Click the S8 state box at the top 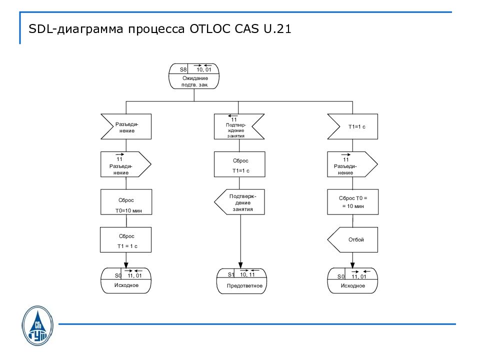pyautogui.click(x=194, y=76)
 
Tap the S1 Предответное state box pyautogui.click(x=241, y=281)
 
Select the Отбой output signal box pyautogui.click(x=353, y=239)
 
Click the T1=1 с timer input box pyautogui.click(x=353, y=126)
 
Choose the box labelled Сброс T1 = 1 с pyautogui.click(x=125, y=240)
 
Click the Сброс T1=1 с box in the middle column pyautogui.click(x=239, y=164)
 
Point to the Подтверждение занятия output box pyautogui.click(x=239, y=202)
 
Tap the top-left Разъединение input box pyautogui.click(x=125, y=126)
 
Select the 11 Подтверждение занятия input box pyautogui.click(x=239, y=126)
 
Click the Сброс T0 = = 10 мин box pyautogui.click(x=353, y=202)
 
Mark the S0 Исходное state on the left pyautogui.click(x=125, y=281)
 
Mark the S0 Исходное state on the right pyautogui.click(x=353, y=281)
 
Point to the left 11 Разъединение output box pyautogui.click(x=125, y=164)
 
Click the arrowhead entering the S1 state pyautogui.click(x=241, y=265)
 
